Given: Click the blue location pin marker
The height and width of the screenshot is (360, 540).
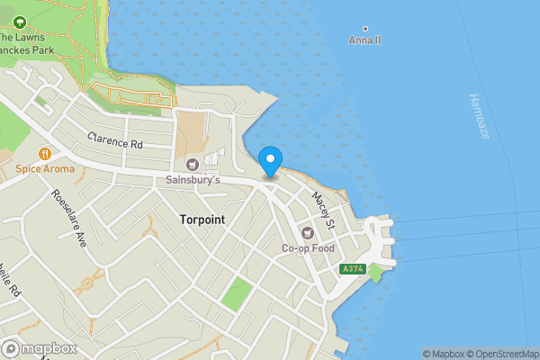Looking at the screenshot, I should tap(270, 162).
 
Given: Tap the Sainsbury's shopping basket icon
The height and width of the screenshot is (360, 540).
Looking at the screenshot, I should tap(192, 164).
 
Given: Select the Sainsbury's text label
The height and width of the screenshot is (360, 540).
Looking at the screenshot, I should tap(192, 179).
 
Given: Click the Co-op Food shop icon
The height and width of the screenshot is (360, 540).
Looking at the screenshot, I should tap(308, 232).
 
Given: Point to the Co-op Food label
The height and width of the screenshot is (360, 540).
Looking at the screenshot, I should tap(308, 247).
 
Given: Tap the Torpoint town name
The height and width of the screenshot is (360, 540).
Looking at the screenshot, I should tap(202, 220).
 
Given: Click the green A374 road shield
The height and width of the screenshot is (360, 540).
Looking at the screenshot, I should tap(353, 269).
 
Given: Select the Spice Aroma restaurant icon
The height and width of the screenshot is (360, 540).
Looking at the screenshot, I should tap(43, 153).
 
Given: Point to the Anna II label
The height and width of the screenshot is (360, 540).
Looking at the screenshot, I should tap(364, 40).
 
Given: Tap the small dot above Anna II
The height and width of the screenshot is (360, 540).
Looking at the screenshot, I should tap(364, 29).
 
